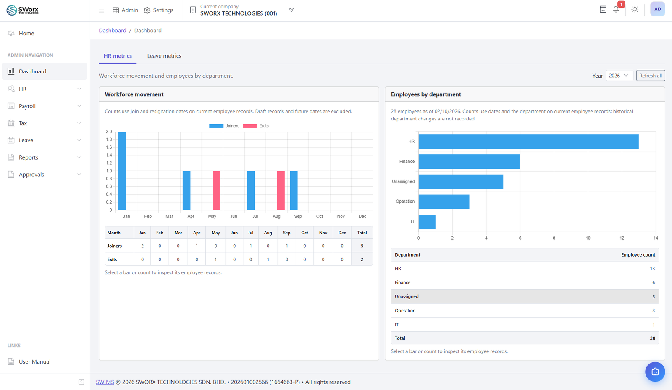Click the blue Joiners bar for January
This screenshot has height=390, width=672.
[122, 171]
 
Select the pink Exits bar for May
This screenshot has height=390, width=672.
[216, 190]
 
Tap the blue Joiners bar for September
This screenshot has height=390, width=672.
[294, 190]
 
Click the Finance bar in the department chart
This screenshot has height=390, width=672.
[469, 162]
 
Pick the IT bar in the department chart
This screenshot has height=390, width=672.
[427, 222]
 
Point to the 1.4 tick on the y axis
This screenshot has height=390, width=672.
[109, 155]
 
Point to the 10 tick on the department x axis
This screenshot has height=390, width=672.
[588, 238]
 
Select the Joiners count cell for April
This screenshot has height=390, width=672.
[197, 246]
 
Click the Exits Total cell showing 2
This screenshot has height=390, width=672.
[362, 259]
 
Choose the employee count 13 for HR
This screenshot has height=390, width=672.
[652, 269]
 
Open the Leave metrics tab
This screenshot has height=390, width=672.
[164, 56]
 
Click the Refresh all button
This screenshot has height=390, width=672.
[651, 76]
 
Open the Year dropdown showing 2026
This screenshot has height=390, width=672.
[619, 76]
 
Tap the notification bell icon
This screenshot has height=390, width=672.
[616, 10]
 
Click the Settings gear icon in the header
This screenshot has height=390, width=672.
[147, 10]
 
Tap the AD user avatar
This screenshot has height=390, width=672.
[657, 9]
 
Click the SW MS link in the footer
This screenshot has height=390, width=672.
[105, 382]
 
